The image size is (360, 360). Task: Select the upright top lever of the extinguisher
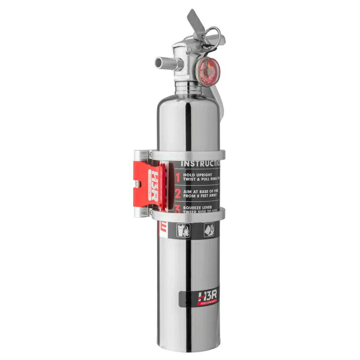click(195, 22)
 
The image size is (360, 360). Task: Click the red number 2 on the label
click(177, 193)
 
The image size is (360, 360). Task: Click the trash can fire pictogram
click(183, 230)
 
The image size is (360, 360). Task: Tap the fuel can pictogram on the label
click(209, 230)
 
